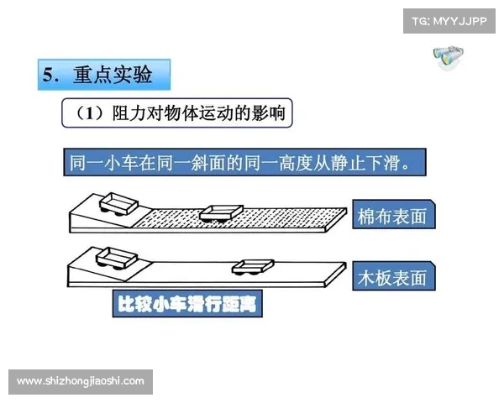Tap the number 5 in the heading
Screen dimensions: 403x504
click(x=50, y=75)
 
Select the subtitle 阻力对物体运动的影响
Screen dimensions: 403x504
click(x=201, y=114)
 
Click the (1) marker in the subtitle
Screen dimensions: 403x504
click(x=88, y=114)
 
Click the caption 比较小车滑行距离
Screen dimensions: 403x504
click(x=187, y=304)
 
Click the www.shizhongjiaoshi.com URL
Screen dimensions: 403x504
click(x=81, y=381)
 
